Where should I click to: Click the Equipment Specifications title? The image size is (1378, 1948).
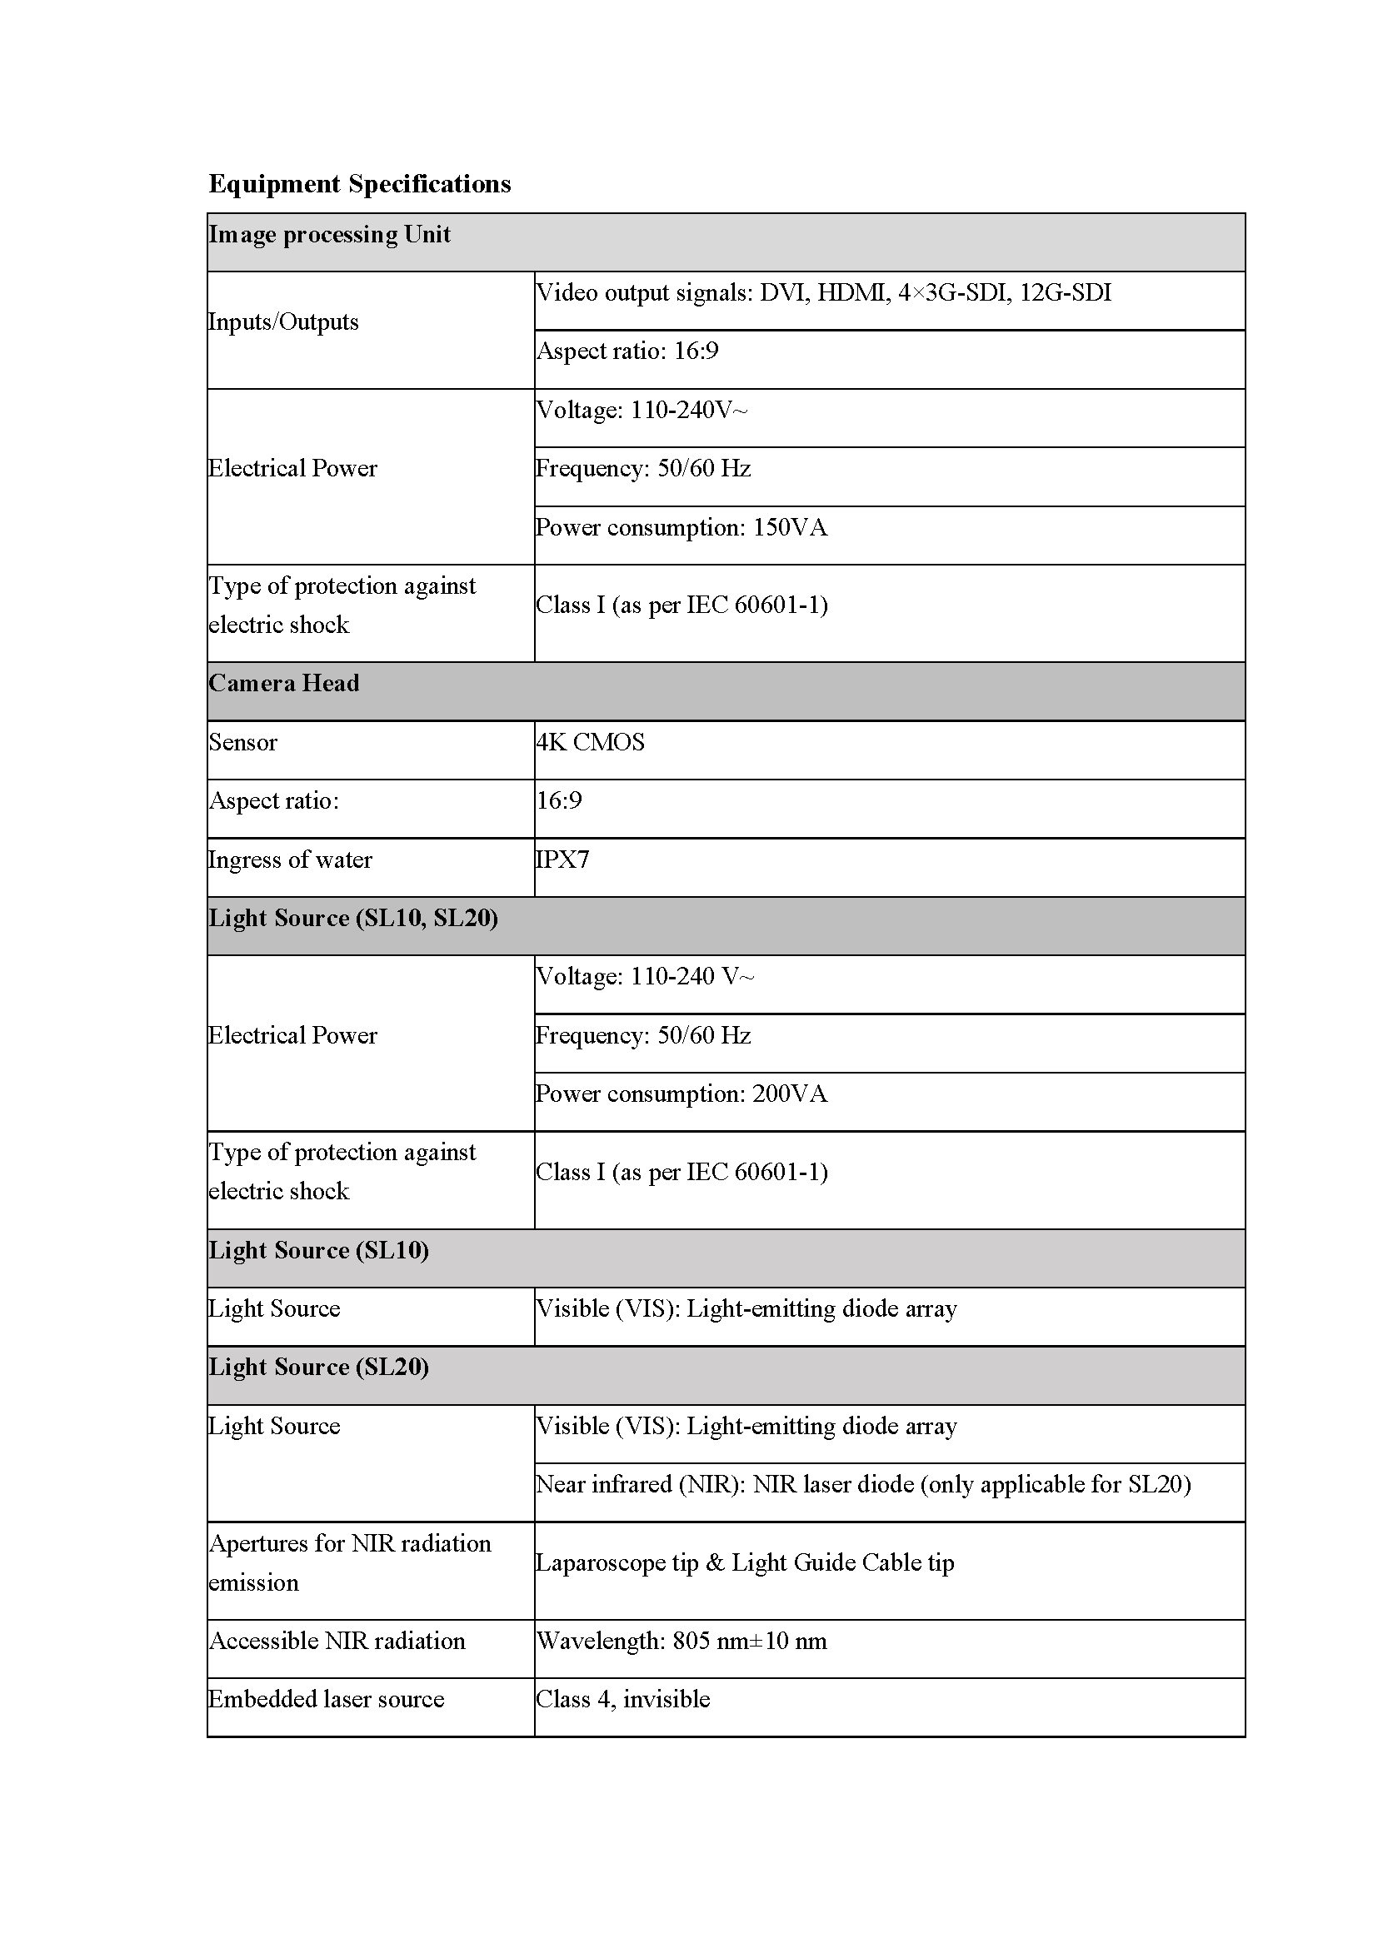pos(359,184)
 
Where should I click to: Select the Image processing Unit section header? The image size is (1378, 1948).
pos(329,235)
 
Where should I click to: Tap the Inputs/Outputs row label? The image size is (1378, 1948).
pos(283,322)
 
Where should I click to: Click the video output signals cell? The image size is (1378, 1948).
pos(823,293)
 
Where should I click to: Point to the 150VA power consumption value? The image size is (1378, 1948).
pos(681,528)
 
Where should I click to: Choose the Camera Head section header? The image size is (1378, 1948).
pos(283,684)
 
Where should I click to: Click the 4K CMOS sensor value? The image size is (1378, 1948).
pos(590,742)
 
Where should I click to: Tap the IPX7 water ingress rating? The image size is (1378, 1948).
pos(562,860)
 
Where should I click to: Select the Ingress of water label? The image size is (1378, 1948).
pos(290,860)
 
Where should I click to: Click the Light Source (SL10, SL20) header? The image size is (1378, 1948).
pos(353,919)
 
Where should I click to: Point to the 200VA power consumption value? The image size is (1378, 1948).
pos(681,1094)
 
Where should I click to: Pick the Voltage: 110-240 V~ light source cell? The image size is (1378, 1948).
pos(645,978)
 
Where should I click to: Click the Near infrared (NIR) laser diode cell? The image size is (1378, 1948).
pos(863,1485)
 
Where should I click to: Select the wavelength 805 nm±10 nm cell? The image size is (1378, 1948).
pos(681,1641)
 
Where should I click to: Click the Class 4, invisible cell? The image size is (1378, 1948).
pos(623,1700)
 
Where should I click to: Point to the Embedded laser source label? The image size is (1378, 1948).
pos(326,1700)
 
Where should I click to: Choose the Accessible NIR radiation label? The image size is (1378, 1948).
pos(337,1641)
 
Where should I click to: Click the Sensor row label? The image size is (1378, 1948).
pos(242,742)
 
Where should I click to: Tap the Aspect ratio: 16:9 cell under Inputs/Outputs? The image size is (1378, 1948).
pos(627,352)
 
